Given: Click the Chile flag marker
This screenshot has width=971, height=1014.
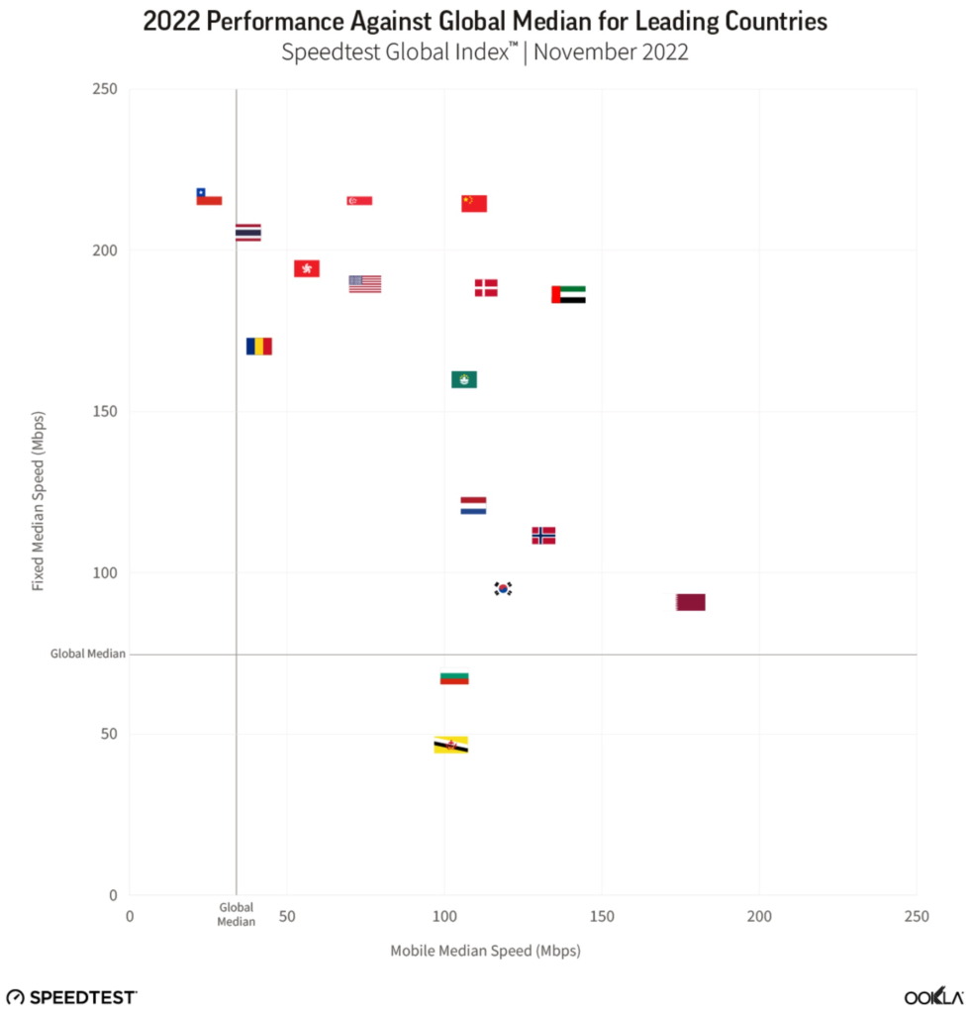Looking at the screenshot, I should tap(209, 197).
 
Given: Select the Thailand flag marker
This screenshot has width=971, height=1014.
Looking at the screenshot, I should tap(248, 233).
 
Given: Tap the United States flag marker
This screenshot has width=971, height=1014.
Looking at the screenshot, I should tap(365, 284).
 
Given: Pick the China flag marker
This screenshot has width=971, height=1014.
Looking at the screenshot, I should tap(474, 203).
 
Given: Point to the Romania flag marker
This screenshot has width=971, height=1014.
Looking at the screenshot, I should tap(259, 347).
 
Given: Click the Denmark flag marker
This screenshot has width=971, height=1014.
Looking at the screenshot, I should tap(486, 288).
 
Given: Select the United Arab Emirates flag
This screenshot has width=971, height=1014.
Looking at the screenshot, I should tap(568, 294).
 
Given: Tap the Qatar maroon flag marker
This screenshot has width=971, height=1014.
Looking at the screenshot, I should tap(691, 602).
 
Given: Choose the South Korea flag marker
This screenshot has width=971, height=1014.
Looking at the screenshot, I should tap(504, 589).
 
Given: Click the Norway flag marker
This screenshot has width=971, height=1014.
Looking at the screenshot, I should tap(543, 536).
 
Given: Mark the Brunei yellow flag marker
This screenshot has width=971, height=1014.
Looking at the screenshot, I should tap(451, 745).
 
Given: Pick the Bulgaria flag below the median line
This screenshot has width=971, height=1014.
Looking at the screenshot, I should tap(454, 678).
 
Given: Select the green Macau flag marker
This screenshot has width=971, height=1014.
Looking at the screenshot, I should tap(464, 379).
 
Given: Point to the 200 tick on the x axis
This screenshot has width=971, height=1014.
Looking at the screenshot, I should tap(759, 917).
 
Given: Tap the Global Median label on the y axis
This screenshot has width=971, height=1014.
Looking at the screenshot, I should tap(88, 655).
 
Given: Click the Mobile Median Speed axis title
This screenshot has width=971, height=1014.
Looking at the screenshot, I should tap(485, 952).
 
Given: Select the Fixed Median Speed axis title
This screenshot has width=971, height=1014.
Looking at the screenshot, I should tap(39, 501).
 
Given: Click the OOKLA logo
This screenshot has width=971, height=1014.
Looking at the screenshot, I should tap(933, 997).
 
